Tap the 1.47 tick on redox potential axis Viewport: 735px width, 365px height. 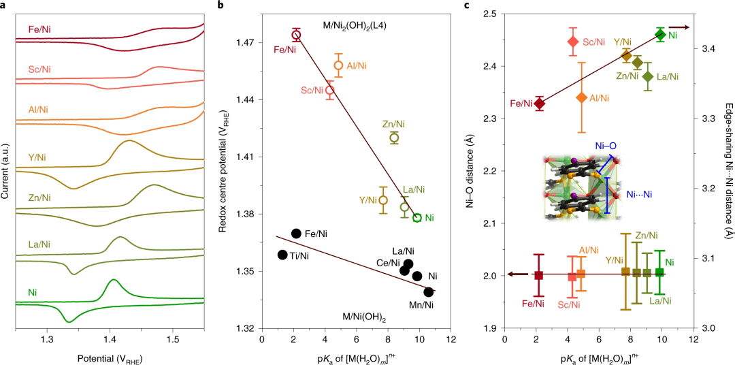pos(247,43)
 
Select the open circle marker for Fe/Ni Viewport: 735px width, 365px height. pos(296,35)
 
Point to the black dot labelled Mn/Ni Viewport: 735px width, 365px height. pos(428,291)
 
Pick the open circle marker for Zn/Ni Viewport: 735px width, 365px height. pos(394,138)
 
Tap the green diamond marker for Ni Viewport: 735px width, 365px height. pos(660,34)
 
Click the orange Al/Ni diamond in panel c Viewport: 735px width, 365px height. pos(581,97)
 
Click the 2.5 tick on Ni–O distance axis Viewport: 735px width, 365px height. pos(493,14)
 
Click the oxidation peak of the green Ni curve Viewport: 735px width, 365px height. pos(113,280)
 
